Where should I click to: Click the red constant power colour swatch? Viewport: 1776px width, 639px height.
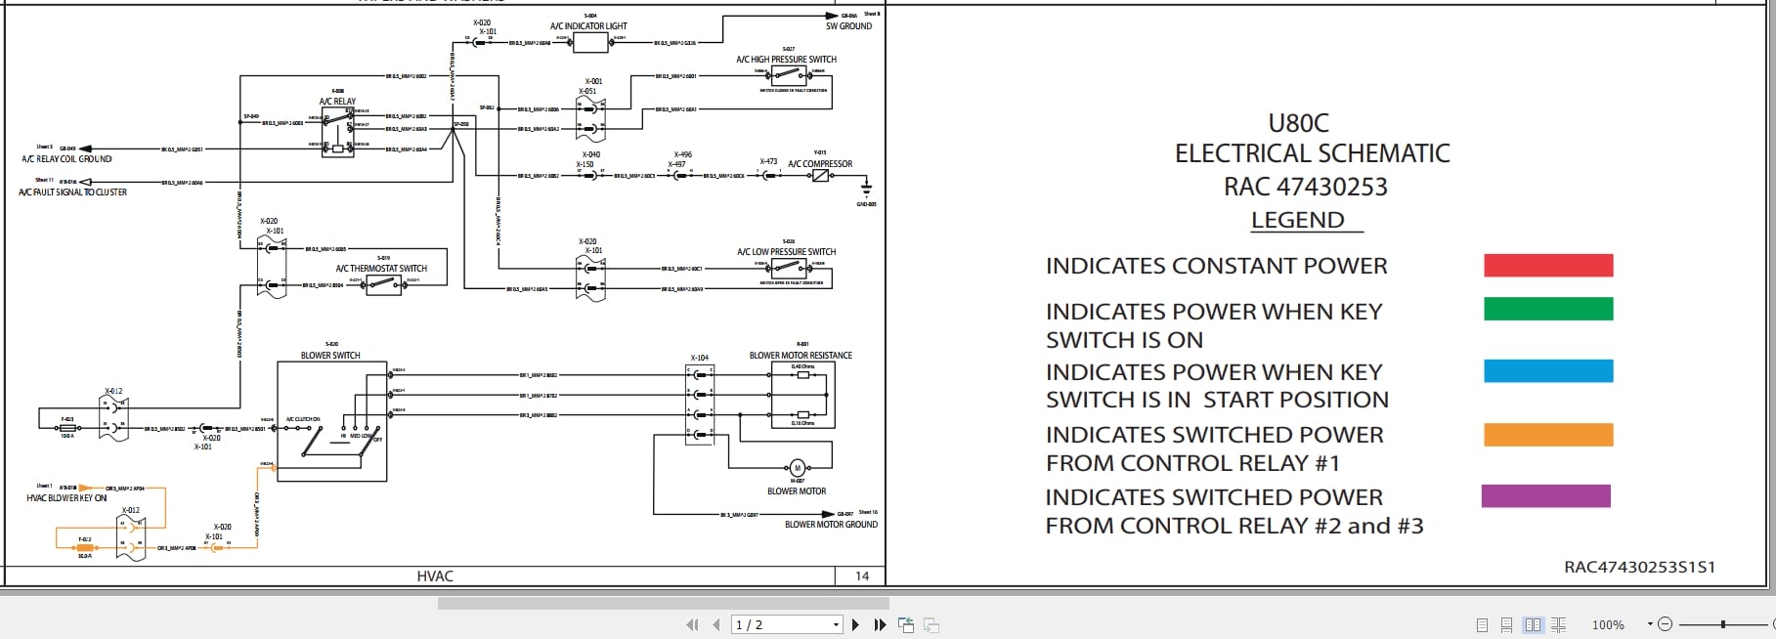pos(1547,265)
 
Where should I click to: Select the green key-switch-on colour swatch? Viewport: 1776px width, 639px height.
pos(1547,310)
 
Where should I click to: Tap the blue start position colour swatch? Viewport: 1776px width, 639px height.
pos(1547,371)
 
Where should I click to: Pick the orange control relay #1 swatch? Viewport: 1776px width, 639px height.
pos(1547,435)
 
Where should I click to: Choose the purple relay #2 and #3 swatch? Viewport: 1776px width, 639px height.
pos(1545,496)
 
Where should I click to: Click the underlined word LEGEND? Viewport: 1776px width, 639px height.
pos(1297,220)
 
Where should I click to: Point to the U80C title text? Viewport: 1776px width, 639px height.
pos(1298,123)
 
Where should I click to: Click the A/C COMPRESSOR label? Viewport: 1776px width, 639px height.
pos(820,164)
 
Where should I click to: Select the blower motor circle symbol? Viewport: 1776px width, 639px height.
pos(797,468)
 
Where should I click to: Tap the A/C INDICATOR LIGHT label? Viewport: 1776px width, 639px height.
pos(588,26)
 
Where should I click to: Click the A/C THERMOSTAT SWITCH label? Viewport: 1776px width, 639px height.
pos(381,269)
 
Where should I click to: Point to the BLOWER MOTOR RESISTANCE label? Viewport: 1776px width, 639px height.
pos(801,356)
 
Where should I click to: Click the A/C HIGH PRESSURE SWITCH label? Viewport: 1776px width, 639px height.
pos(786,60)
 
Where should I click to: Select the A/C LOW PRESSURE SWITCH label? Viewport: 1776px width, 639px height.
pos(786,252)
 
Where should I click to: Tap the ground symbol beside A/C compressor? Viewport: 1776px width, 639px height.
pos(866,191)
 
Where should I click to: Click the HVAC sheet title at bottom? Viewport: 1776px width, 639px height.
pos(435,576)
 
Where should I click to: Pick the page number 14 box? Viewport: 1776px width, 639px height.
pos(861,576)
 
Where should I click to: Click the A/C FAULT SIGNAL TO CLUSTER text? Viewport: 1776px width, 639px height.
pos(73,192)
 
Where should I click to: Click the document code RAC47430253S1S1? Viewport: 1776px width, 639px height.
pos(1639,567)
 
